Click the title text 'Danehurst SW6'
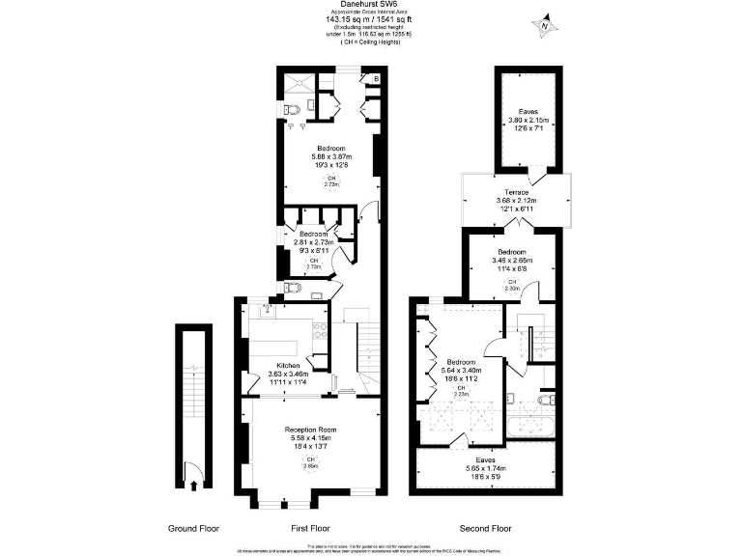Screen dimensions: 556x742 coord(370,5)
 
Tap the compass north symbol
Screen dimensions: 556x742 coord(545,25)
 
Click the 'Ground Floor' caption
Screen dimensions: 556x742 coord(193,528)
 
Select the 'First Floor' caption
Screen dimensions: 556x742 coord(310,528)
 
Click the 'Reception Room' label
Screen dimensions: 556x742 coord(310,429)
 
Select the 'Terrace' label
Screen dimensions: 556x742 coord(512,192)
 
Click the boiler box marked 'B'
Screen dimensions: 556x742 coord(376,78)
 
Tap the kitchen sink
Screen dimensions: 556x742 coord(264,310)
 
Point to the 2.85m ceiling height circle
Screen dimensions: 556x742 coord(310,462)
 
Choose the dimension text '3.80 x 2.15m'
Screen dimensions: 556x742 coord(528,121)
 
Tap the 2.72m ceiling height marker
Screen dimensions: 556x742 coord(330,181)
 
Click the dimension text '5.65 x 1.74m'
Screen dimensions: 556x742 coord(485,469)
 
